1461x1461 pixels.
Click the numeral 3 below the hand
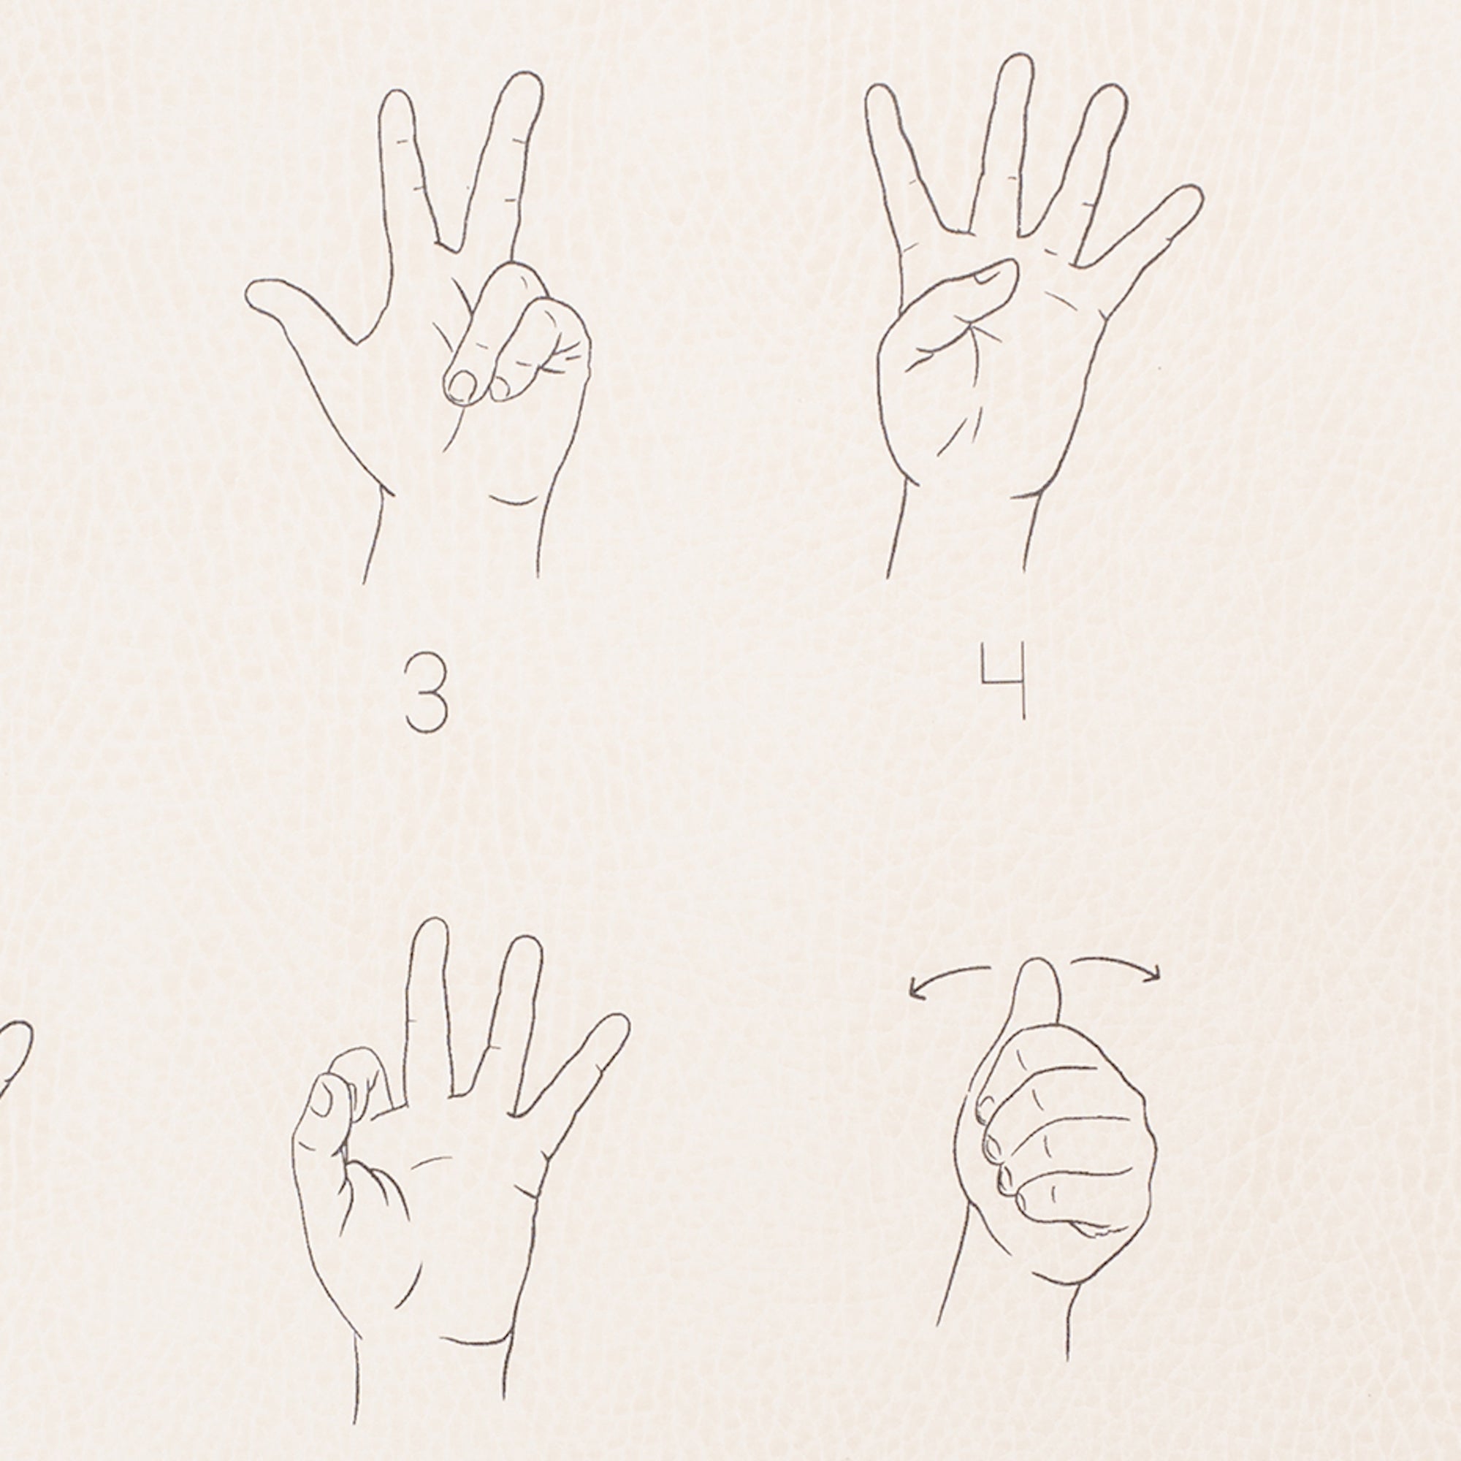coord(426,694)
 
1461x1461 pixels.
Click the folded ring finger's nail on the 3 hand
coord(460,386)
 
